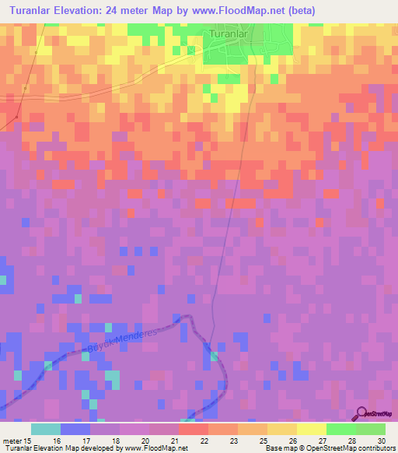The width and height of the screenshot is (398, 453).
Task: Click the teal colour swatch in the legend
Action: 46,429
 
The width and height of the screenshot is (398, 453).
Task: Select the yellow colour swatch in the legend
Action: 311,429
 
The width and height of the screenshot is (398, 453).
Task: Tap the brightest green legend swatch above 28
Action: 340,429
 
